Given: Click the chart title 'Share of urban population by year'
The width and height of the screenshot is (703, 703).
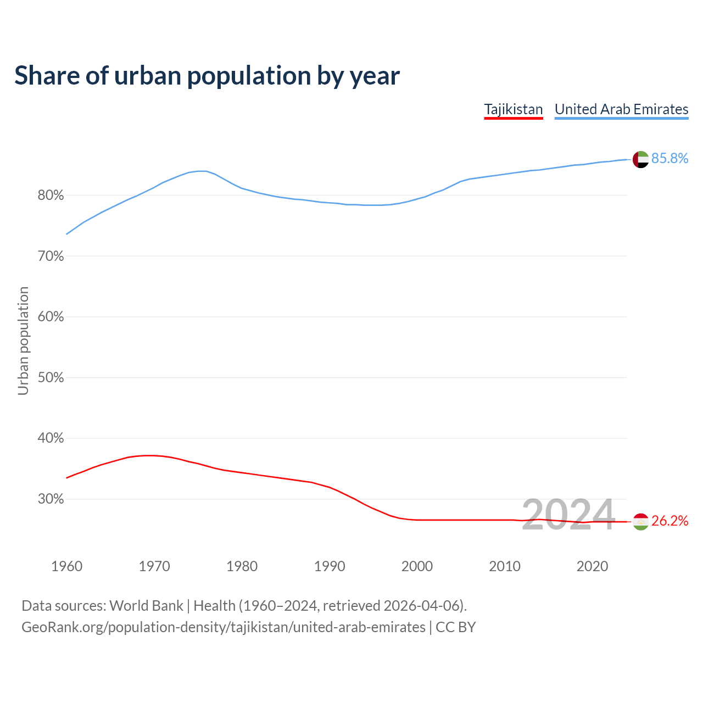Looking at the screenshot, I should tap(207, 76).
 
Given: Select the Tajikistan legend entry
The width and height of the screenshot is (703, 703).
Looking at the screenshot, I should tap(513, 109).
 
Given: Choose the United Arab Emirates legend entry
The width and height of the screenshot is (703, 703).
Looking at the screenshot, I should tap(621, 109).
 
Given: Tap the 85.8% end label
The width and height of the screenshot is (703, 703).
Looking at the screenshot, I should tap(669, 159).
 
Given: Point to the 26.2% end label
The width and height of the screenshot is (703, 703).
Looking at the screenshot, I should tap(669, 521).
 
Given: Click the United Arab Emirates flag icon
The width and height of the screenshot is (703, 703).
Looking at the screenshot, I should tap(640, 159).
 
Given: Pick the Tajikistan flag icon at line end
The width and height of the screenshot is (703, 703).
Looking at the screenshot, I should tap(640, 522).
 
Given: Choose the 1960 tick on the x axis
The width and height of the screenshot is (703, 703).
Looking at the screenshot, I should tap(66, 566).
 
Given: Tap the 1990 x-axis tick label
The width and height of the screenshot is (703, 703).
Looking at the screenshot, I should tap(330, 566).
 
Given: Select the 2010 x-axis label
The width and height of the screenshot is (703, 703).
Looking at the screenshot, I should tap(505, 566).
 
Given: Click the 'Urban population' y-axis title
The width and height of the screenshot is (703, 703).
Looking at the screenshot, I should tap(23, 341).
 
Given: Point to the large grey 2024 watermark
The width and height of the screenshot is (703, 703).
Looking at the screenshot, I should tap(568, 515).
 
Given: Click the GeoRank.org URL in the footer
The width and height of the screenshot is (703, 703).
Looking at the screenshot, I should tap(224, 627).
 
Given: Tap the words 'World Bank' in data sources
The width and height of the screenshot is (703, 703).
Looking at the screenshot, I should tap(146, 606).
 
